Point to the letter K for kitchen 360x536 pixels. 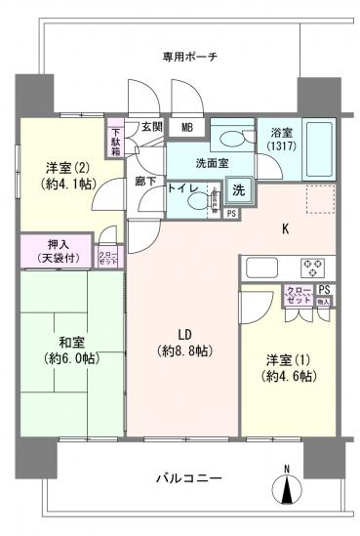[286, 230]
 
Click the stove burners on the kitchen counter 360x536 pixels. [312, 264]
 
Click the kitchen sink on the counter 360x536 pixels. [262, 265]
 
